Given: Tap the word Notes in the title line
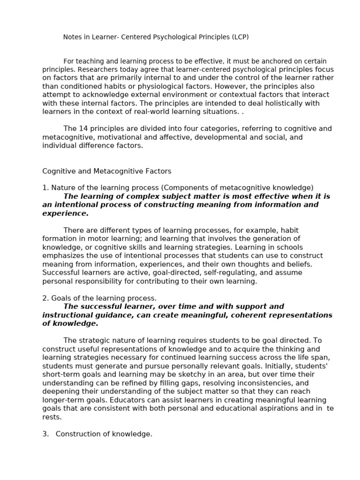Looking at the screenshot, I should (x=72, y=37).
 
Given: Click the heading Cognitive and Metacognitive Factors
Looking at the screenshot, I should (x=107, y=172).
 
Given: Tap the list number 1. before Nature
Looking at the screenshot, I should (x=45, y=188).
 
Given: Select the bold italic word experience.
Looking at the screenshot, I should (x=65, y=213).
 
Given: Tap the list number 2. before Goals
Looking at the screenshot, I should (x=45, y=298).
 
